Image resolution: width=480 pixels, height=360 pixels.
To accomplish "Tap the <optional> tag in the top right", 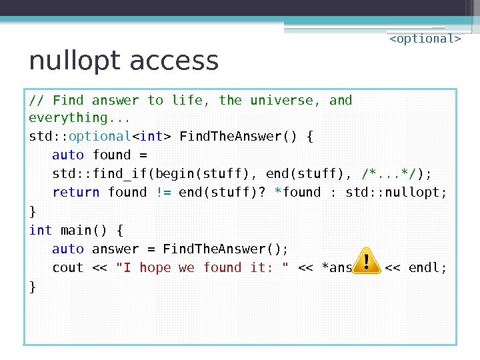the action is tap(425, 39).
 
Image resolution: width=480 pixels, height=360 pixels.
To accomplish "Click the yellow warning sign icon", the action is tap(365, 261).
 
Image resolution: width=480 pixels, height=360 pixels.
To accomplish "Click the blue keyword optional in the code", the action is tap(100, 137).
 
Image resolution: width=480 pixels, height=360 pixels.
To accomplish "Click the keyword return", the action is tap(76, 193).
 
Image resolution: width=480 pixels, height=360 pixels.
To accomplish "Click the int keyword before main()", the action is tap(41, 230).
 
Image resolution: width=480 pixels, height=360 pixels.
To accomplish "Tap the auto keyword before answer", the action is tap(68, 249).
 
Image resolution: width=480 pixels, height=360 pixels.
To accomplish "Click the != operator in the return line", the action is tap(163, 193).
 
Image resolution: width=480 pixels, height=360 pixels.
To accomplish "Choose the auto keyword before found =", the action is tap(68, 155).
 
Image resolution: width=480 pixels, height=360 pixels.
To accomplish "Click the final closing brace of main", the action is tap(33, 287).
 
